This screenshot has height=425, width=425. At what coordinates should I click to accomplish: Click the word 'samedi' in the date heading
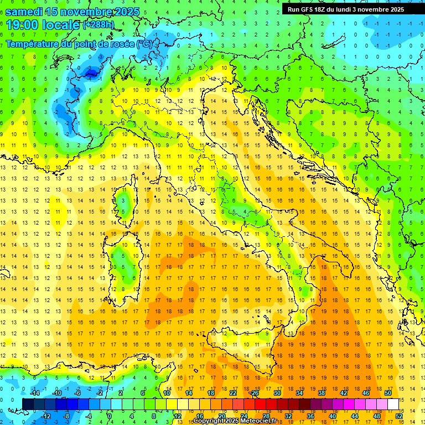[24, 12]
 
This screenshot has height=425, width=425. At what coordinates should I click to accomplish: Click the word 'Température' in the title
[34, 44]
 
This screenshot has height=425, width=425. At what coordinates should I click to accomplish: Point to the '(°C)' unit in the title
[145, 44]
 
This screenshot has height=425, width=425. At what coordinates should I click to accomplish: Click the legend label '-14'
[34, 393]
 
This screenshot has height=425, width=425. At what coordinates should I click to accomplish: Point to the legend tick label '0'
[110, 416]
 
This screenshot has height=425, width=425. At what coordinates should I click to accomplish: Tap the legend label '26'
[255, 393]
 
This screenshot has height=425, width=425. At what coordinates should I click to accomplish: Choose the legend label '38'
[322, 393]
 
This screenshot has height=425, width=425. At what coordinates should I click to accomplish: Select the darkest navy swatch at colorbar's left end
[28, 404]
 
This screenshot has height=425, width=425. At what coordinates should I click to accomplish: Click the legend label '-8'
[66, 416]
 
